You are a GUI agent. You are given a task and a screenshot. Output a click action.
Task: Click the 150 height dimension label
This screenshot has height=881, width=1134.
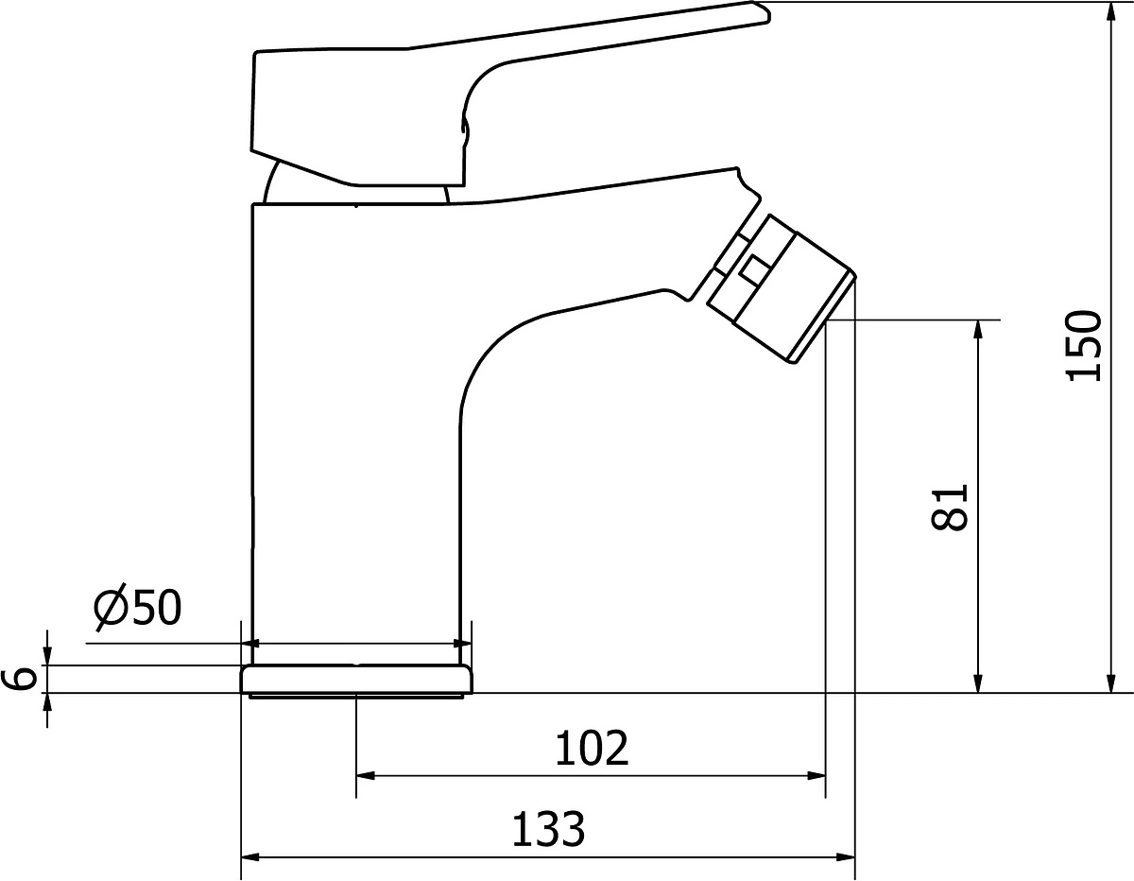click(1083, 346)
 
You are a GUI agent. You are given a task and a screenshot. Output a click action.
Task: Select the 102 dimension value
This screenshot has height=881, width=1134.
click(592, 748)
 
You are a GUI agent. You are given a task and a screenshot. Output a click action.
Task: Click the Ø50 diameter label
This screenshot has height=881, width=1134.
click(137, 607)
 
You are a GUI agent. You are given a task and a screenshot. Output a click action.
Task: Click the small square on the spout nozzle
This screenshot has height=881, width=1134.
click(755, 269)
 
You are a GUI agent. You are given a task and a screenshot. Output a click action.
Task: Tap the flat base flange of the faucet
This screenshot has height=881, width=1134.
click(356, 681)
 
